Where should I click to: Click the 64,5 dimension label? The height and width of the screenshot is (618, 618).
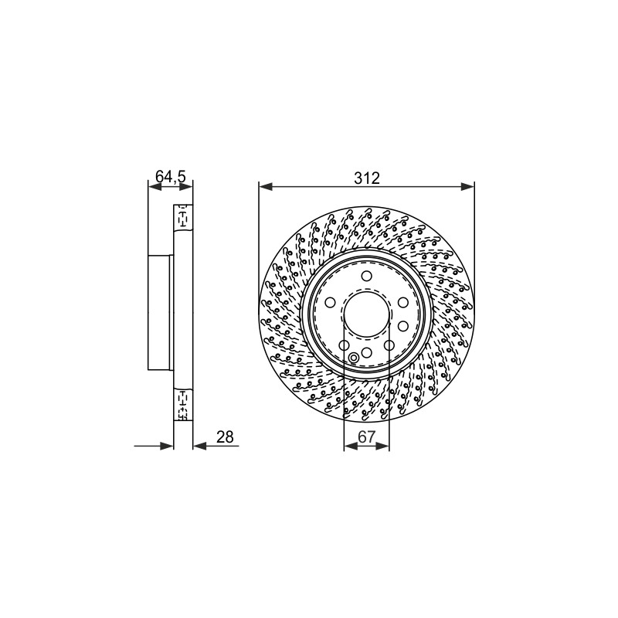(x=170, y=177)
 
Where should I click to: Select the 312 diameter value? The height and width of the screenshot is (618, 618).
(x=366, y=178)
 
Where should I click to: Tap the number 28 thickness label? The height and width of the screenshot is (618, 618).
(x=225, y=437)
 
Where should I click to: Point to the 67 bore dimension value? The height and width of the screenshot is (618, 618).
(x=366, y=436)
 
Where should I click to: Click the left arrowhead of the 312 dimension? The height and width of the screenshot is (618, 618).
(x=266, y=186)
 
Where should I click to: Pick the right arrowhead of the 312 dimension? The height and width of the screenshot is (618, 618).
(x=467, y=186)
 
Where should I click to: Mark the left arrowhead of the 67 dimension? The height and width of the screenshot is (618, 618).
(x=351, y=446)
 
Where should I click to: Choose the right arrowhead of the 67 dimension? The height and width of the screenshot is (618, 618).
(x=382, y=446)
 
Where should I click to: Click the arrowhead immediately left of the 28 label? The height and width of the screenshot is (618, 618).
(x=200, y=446)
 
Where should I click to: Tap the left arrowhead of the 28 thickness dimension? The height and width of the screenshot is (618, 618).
(x=167, y=446)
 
